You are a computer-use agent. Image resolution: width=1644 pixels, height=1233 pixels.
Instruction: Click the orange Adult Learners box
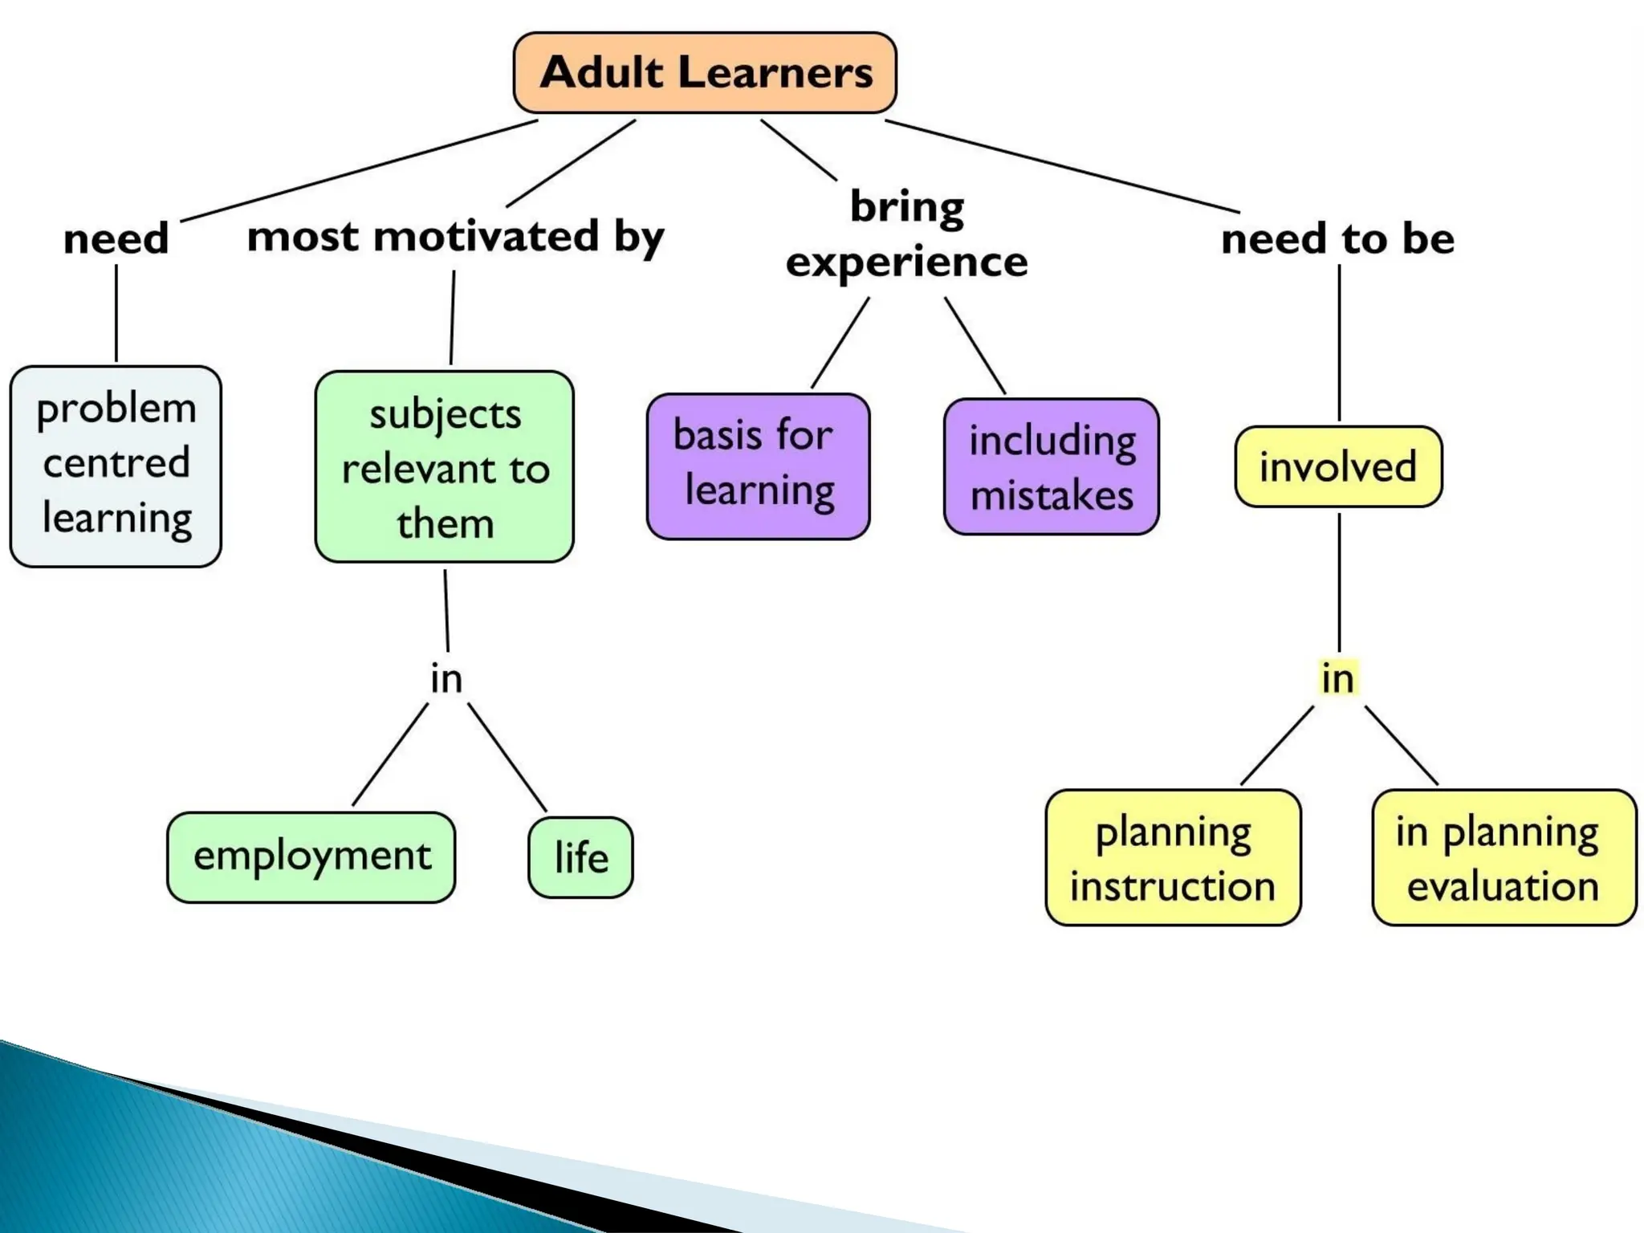pos(705,72)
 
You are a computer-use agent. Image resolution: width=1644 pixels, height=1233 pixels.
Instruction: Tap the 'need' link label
pos(116,239)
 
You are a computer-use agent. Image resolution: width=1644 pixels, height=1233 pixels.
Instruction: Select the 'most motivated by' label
pos(455,238)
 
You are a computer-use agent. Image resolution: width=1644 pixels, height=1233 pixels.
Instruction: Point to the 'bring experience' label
pos(907,234)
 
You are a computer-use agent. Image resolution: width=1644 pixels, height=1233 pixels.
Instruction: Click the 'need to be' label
pos(1337,239)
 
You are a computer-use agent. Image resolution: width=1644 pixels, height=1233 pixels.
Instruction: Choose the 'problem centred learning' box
pos(116,466)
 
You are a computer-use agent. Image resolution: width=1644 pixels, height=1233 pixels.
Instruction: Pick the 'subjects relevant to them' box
pos(445,467)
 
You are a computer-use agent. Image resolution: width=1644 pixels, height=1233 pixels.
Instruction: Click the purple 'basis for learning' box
pos(758,466)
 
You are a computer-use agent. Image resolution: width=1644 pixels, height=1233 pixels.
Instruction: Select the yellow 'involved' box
pos(1338,467)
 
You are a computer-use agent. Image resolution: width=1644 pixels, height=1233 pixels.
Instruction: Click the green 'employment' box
pos(311,857)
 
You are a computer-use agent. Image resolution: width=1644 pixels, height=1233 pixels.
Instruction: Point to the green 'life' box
pos(580,857)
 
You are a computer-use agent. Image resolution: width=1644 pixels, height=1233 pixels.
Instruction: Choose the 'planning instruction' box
pos(1173,857)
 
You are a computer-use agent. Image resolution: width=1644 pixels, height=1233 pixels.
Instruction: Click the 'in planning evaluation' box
pos(1504,857)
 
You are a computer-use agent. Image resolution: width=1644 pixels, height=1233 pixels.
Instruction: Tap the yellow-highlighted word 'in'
pos(1337,679)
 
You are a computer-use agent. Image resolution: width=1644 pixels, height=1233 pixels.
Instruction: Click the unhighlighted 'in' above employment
pos(446,679)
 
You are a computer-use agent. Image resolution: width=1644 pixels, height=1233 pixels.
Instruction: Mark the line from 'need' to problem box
pos(116,313)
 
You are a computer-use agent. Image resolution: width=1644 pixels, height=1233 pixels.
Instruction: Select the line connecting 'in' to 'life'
pos(507,757)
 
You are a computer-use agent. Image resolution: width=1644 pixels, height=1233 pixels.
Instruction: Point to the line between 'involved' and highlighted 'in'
pos(1339,582)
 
